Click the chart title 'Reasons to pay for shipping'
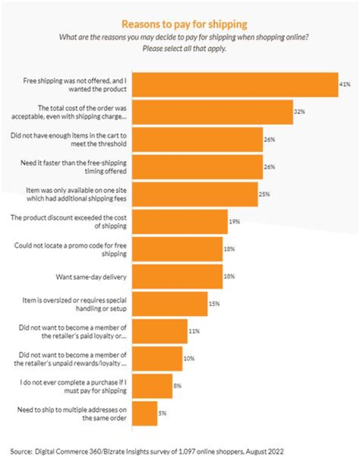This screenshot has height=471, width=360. tap(184, 24)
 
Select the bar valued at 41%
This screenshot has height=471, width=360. tap(234, 84)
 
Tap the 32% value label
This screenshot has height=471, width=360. tap(299, 112)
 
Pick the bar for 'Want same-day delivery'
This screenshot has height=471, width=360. tap(177, 276)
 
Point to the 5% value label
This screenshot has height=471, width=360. tap(163, 413)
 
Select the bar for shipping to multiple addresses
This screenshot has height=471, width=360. tap(144, 413)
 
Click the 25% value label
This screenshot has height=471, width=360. tap(264, 194)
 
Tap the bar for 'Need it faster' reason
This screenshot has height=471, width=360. tap(197, 166)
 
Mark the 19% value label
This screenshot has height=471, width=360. tap(234, 221)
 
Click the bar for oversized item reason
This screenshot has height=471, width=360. tap(169, 304)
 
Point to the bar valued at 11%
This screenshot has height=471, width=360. tap(159, 331)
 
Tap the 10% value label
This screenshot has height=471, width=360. tap(188, 358)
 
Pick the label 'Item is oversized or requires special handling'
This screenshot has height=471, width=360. tap(90, 304)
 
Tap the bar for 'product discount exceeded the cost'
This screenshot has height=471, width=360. tap(179, 221)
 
